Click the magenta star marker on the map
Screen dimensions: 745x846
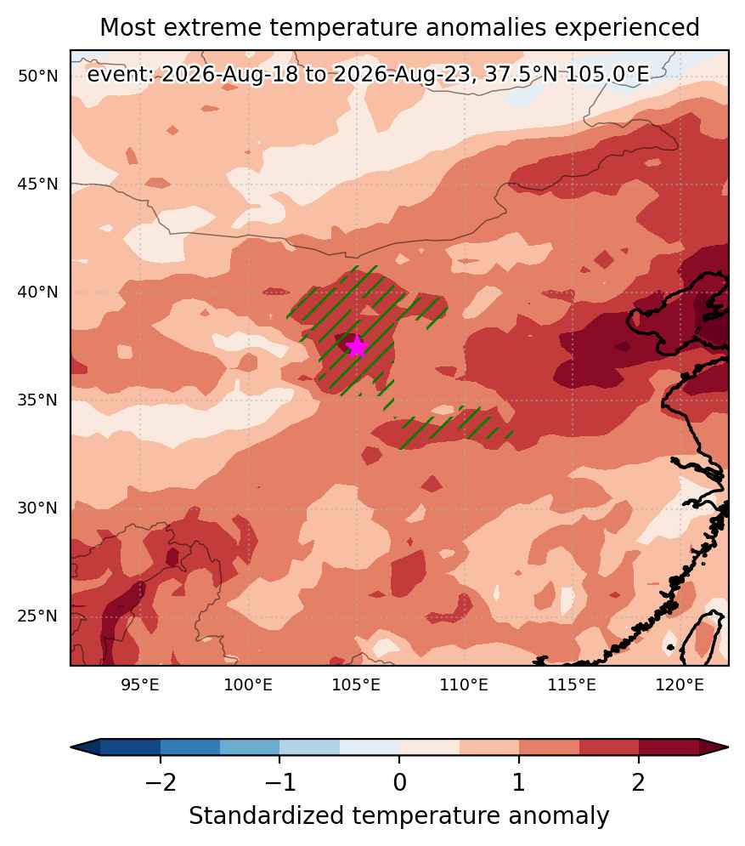(x=357, y=346)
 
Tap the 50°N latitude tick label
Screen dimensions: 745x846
(x=37, y=76)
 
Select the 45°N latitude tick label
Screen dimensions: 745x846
(x=37, y=184)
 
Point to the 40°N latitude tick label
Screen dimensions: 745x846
(x=37, y=292)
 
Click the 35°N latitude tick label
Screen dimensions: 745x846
(x=37, y=400)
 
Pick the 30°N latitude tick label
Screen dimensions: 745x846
(x=37, y=508)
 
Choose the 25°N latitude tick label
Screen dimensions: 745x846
(x=37, y=616)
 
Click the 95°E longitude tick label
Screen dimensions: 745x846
(x=140, y=685)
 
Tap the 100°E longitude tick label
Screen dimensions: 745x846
(x=248, y=685)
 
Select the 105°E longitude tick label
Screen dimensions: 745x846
(x=356, y=685)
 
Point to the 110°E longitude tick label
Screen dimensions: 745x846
(x=464, y=685)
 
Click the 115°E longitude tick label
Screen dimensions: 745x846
(x=572, y=685)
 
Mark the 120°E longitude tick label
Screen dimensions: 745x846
(x=680, y=685)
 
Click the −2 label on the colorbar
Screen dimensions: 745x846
(x=161, y=781)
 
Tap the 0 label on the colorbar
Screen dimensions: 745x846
(x=399, y=781)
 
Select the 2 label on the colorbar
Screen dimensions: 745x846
(x=639, y=781)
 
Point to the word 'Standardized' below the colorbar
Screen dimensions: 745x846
(x=266, y=815)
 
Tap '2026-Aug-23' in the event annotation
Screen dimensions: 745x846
(x=402, y=74)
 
